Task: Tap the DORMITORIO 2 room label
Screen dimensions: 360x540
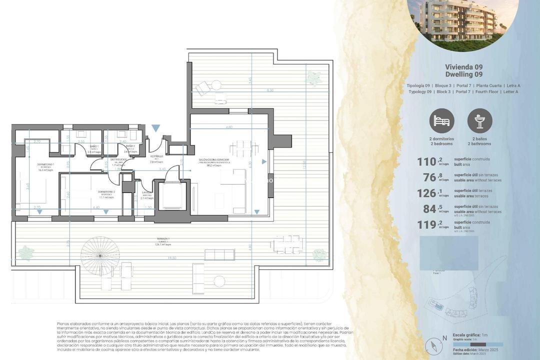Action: pos(106,192)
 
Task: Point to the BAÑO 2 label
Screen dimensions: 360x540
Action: pos(130,146)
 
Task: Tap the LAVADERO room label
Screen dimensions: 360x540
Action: pos(146,192)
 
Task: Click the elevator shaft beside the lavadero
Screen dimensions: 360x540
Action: pos(172,197)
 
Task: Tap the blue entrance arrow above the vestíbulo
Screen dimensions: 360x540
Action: pos(156,128)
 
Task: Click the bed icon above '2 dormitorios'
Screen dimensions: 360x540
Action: pos(442,121)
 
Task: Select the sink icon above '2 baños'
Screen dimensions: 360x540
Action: pos(480,121)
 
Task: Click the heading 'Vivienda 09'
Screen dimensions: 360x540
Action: pos(463,66)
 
